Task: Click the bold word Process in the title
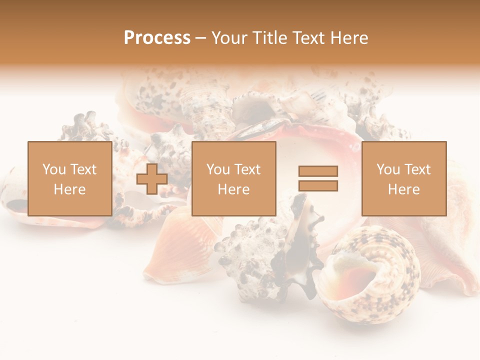(x=157, y=38)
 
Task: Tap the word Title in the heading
(x=270, y=38)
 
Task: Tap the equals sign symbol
(x=318, y=178)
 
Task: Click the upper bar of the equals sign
(x=318, y=171)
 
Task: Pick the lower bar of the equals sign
(x=318, y=186)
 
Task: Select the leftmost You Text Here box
(x=69, y=178)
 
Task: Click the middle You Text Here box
(x=233, y=178)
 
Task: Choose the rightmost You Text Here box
(x=403, y=178)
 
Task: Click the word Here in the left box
(x=69, y=189)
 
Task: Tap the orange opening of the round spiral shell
(x=357, y=275)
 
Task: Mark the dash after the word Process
(x=201, y=38)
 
